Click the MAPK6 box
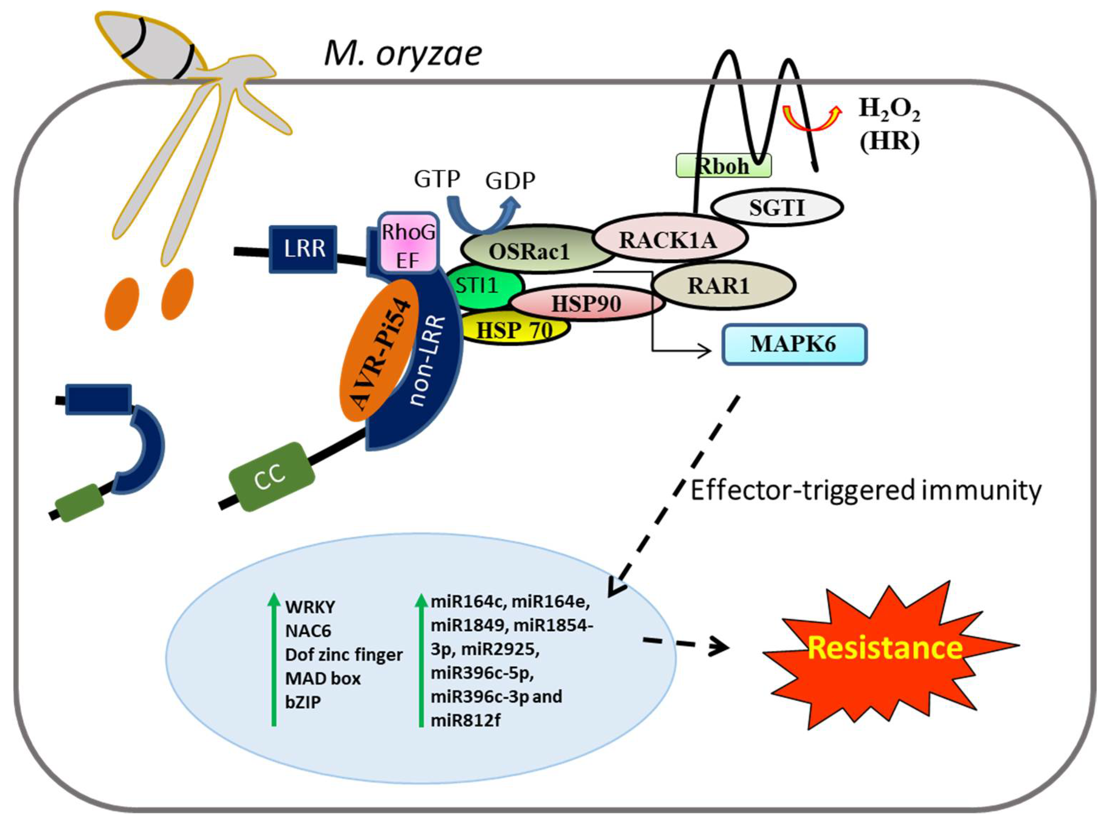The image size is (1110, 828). click(794, 344)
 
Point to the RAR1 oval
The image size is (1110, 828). click(722, 286)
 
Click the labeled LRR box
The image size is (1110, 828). click(303, 249)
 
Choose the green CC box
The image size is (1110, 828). click(271, 477)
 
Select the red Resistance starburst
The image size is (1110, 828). click(885, 647)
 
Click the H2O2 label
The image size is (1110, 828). click(889, 108)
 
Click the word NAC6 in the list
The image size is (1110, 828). click(308, 630)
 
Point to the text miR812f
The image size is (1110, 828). click(465, 720)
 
